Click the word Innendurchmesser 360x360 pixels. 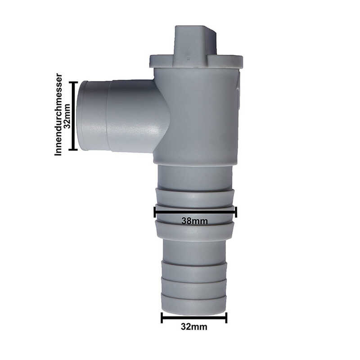pos(58,114)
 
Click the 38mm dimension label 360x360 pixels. pos(194,221)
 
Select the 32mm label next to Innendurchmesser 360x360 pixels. pos(67,116)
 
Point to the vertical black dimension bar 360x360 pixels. pos(73,116)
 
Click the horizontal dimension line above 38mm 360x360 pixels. pos(195,211)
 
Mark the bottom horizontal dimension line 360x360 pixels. pos(194,318)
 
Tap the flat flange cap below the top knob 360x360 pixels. pos(196,61)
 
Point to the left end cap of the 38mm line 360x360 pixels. pos(155,211)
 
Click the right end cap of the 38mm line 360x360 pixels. pos(236,211)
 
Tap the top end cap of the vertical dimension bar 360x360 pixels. pos(73,82)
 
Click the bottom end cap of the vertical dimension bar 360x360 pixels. pos(73,149)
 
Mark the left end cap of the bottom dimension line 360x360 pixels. pos(162,318)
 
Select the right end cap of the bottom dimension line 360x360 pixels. pos(226,318)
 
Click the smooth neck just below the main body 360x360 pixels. pos(195,176)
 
